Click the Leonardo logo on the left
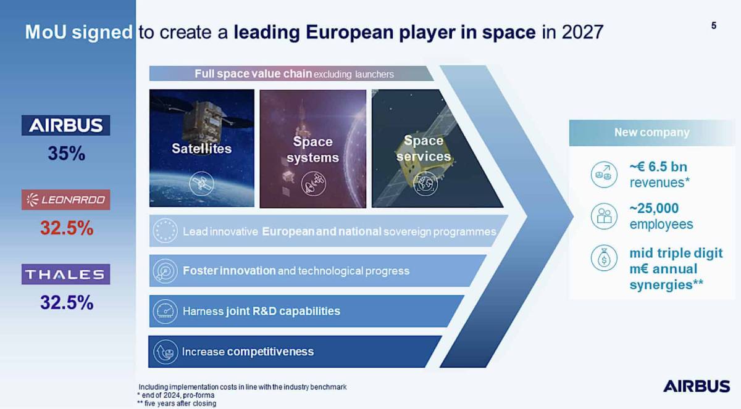pos(66,199)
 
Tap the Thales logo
pos(66,274)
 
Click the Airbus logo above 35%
pos(66,125)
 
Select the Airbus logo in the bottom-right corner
pos(696,386)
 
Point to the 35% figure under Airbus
pos(66,154)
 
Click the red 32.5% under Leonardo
pos(66,228)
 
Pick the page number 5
pos(714,26)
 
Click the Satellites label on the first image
pos(201,149)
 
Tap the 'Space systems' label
pos(313,149)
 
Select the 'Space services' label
pos(424,149)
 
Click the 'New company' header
pos(651,133)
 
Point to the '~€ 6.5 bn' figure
pos(658,167)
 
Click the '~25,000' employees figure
pos(654,209)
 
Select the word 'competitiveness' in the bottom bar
pos(270,352)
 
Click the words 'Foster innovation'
pos(229,271)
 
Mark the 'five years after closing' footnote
pos(177,403)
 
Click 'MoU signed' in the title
pos(78,32)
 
